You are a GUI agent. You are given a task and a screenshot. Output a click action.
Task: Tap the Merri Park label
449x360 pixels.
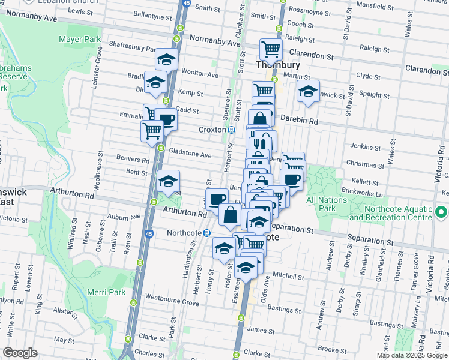(x=107, y=292)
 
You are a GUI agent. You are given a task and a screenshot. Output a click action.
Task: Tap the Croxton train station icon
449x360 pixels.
(x=231, y=130)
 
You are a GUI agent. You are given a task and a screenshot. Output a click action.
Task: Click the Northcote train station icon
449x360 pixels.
(x=206, y=233)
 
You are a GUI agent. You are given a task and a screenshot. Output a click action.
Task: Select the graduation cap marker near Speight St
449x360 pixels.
(x=308, y=91)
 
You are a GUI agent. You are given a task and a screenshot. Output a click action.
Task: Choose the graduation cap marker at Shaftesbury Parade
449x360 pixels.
(x=166, y=59)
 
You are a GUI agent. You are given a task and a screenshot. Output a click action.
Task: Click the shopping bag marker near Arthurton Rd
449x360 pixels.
(x=231, y=214)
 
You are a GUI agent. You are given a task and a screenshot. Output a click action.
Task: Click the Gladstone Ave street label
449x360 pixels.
(x=190, y=155)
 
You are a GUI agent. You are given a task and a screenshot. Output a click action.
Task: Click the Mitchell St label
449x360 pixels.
(x=289, y=277)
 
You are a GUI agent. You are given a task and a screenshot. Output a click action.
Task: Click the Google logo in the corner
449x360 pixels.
(x=20, y=353)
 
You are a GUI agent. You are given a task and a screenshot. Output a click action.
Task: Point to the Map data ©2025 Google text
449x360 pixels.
(x=411, y=356)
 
